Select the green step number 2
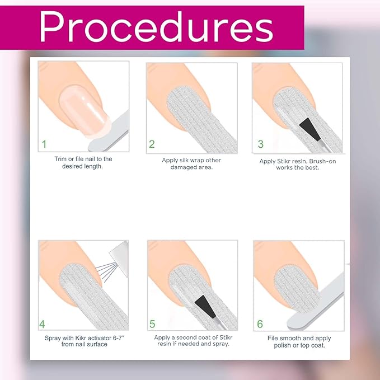pos(152,144)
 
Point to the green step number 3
pos(260,144)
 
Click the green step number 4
pos(42,324)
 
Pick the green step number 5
pos(152,324)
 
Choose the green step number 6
pos(260,324)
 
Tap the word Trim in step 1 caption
pos(60,159)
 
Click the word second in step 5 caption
pos(196,337)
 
